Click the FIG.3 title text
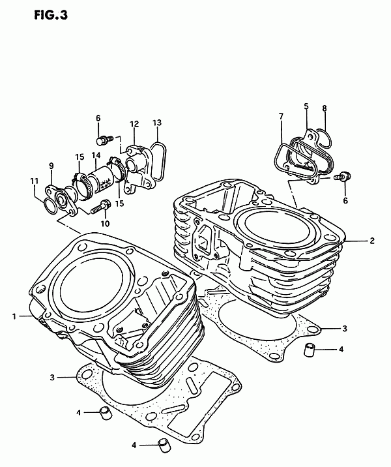(51, 15)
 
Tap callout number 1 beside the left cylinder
(14, 316)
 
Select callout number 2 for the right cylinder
(372, 241)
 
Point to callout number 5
(306, 106)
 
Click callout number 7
(282, 116)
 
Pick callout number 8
(325, 108)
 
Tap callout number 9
(51, 166)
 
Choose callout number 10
(105, 223)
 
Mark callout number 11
(35, 181)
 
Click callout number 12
(134, 124)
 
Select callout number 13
(157, 123)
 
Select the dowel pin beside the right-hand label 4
(309, 349)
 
